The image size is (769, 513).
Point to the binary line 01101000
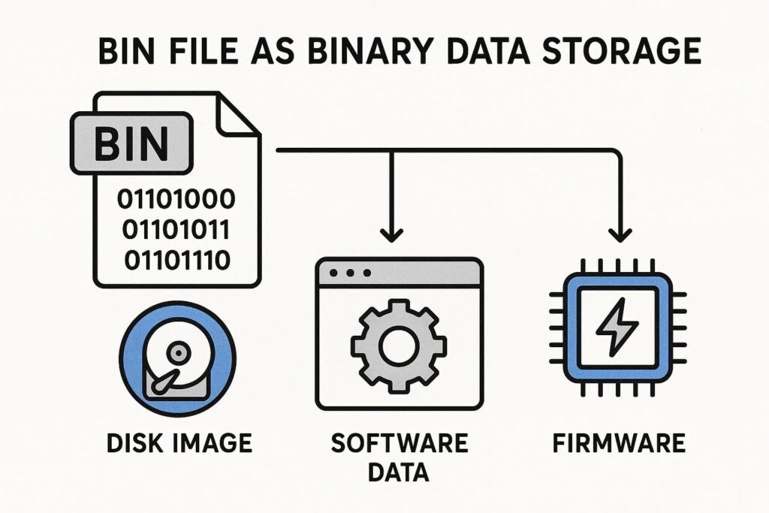[x=175, y=201]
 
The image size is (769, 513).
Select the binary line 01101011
[x=175, y=230]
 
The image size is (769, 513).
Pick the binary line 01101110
[x=175, y=260]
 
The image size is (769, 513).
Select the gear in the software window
[x=399, y=345]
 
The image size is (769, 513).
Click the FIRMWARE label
[x=619, y=443]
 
